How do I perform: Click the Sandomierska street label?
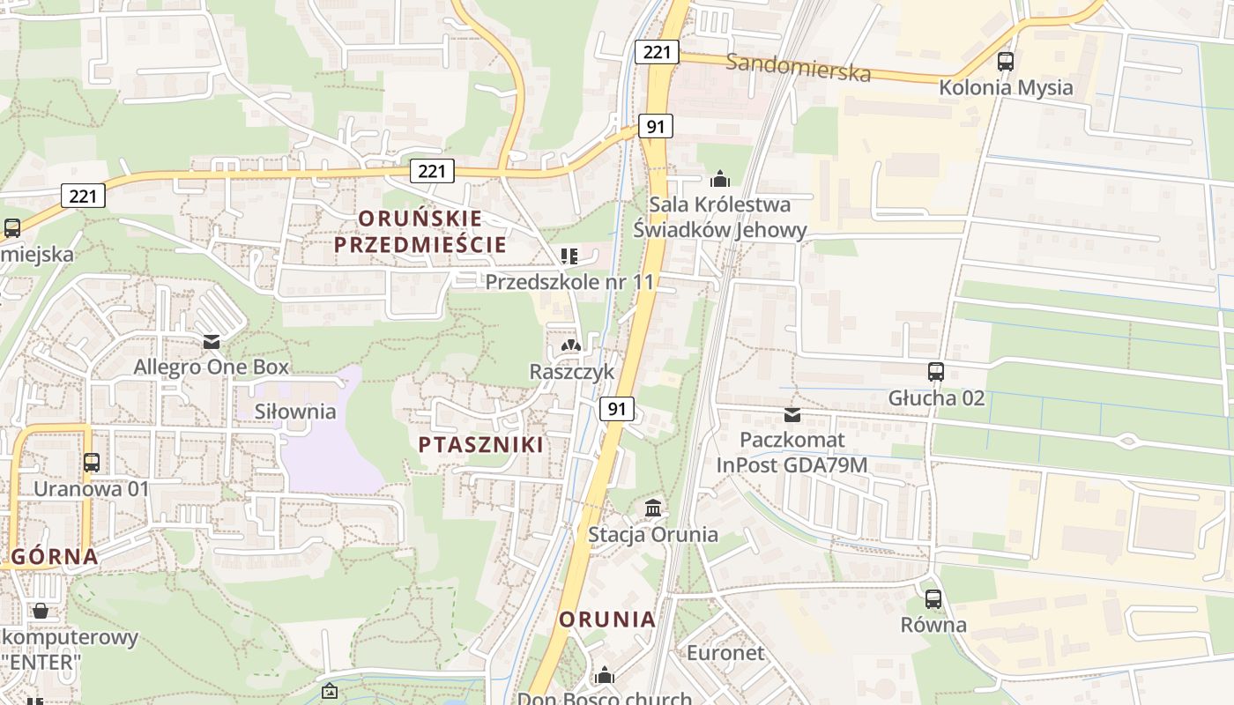(x=799, y=67)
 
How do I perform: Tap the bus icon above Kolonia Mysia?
(x=1006, y=62)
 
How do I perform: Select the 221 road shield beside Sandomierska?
(x=657, y=52)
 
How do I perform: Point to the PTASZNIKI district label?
(x=481, y=444)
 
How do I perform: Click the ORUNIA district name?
(x=608, y=619)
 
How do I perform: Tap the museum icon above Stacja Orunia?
(x=653, y=508)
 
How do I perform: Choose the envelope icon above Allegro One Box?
(x=211, y=341)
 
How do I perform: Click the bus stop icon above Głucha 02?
(x=936, y=372)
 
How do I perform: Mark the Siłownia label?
(x=295, y=412)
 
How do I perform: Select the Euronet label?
(x=725, y=653)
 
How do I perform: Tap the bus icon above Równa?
(x=933, y=599)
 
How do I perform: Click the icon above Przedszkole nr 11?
(x=569, y=256)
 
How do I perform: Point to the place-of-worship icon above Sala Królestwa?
(x=720, y=179)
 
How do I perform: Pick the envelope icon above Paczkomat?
(x=792, y=414)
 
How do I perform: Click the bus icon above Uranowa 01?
(x=92, y=462)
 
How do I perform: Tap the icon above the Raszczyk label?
(x=571, y=346)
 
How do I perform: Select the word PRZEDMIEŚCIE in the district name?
(x=420, y=244)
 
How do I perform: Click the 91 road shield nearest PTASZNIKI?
(x=618, y=409)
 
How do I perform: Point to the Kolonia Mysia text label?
(x=1006, y=87)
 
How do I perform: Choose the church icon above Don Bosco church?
(x=605, y=675)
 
